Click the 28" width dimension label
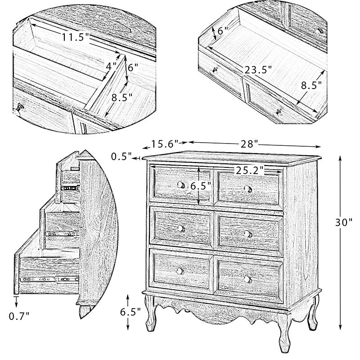pos(250,144)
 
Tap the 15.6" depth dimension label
pos(165,144)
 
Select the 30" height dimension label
pos(343,222)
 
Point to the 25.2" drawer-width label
pos(249,171)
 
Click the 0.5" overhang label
pos(121,157)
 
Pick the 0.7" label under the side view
pos(19,316)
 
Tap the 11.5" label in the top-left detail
pos(75,37)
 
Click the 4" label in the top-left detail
pos(111,66)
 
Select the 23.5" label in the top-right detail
pos(258,70)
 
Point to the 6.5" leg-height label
pos(130,312)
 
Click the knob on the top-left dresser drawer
pos(181,184)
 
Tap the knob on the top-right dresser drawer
pos(248,189)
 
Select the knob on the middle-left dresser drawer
pos(180,228)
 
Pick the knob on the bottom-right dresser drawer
pos(247,279)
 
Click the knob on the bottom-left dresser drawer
pos(180,271)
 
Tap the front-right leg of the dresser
pos(284,333)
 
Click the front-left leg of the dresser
pos(150,313)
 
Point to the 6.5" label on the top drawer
pos(200,186)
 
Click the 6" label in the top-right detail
pos(223,31)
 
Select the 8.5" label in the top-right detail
pos(311,85)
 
